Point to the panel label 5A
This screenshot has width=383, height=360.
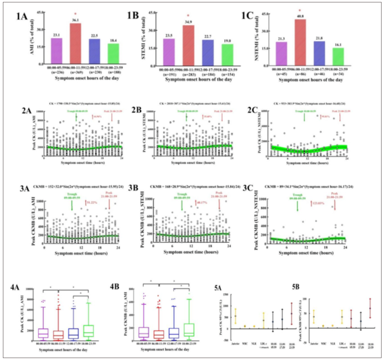click(218, 288)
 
